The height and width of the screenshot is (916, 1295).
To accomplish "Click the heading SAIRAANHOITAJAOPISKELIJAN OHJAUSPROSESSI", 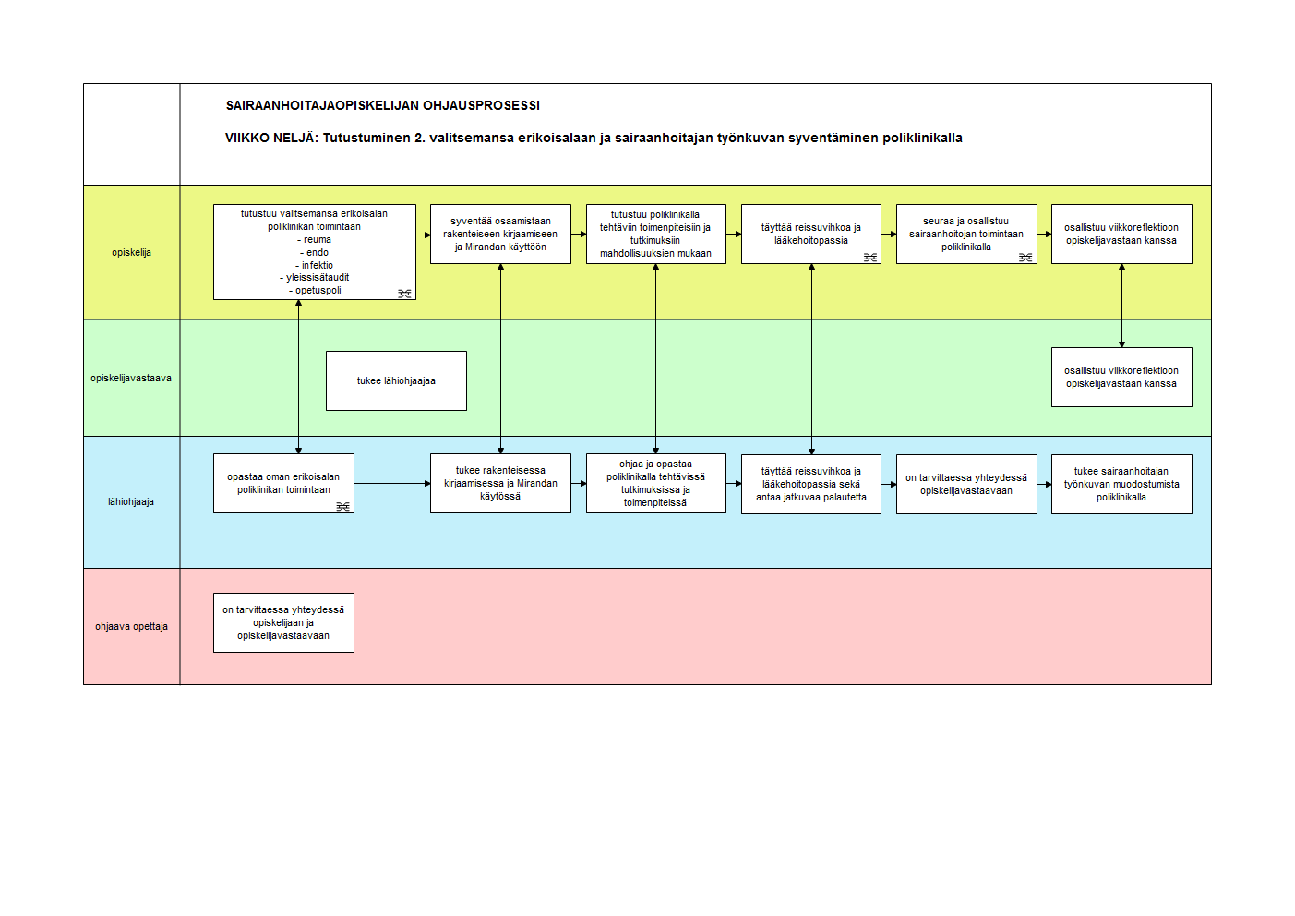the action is click(x=383, y=106).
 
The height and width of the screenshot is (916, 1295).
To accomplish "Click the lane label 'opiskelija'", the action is click(x=131, y=253).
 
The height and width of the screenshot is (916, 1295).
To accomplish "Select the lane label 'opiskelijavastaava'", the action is click(x=131, y=379).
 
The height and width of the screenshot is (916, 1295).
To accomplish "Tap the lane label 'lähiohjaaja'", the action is click(x=131, y=502).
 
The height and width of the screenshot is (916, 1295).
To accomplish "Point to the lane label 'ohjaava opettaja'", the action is click(x=131, y=626).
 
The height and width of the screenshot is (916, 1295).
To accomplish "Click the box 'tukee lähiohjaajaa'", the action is click(x=396, y=381).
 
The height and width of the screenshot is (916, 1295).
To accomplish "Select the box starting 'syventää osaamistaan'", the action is click(x=500, y=235).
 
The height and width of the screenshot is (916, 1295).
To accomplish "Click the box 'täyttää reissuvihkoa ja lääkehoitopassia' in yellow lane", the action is click(x=811, y=235).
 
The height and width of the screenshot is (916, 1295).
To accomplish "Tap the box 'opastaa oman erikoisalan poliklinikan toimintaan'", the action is click(x=284, y=484).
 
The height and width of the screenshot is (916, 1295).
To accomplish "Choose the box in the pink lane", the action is click(x=284, y=622).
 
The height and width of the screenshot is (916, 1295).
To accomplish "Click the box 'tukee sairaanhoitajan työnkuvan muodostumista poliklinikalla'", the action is click(x=1121, y=485).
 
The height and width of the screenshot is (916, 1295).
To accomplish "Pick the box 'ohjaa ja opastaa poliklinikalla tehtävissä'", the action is click(x=656, y=484).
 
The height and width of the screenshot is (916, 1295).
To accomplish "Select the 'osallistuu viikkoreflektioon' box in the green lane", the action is click(x=1121, y=377).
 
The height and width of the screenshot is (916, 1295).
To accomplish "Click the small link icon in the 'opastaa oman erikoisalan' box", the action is click(x=342, y=507).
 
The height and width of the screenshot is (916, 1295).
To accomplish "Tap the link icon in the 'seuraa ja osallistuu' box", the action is click(x=1025, y=258).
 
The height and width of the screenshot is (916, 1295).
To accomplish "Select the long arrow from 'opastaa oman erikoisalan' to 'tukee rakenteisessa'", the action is click(x=392, y=484).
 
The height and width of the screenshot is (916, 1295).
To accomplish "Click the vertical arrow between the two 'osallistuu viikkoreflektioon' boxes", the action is click(x=1121, y=306).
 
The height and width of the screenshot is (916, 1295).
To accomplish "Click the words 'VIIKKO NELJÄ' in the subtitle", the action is click(x=271, y=139).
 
